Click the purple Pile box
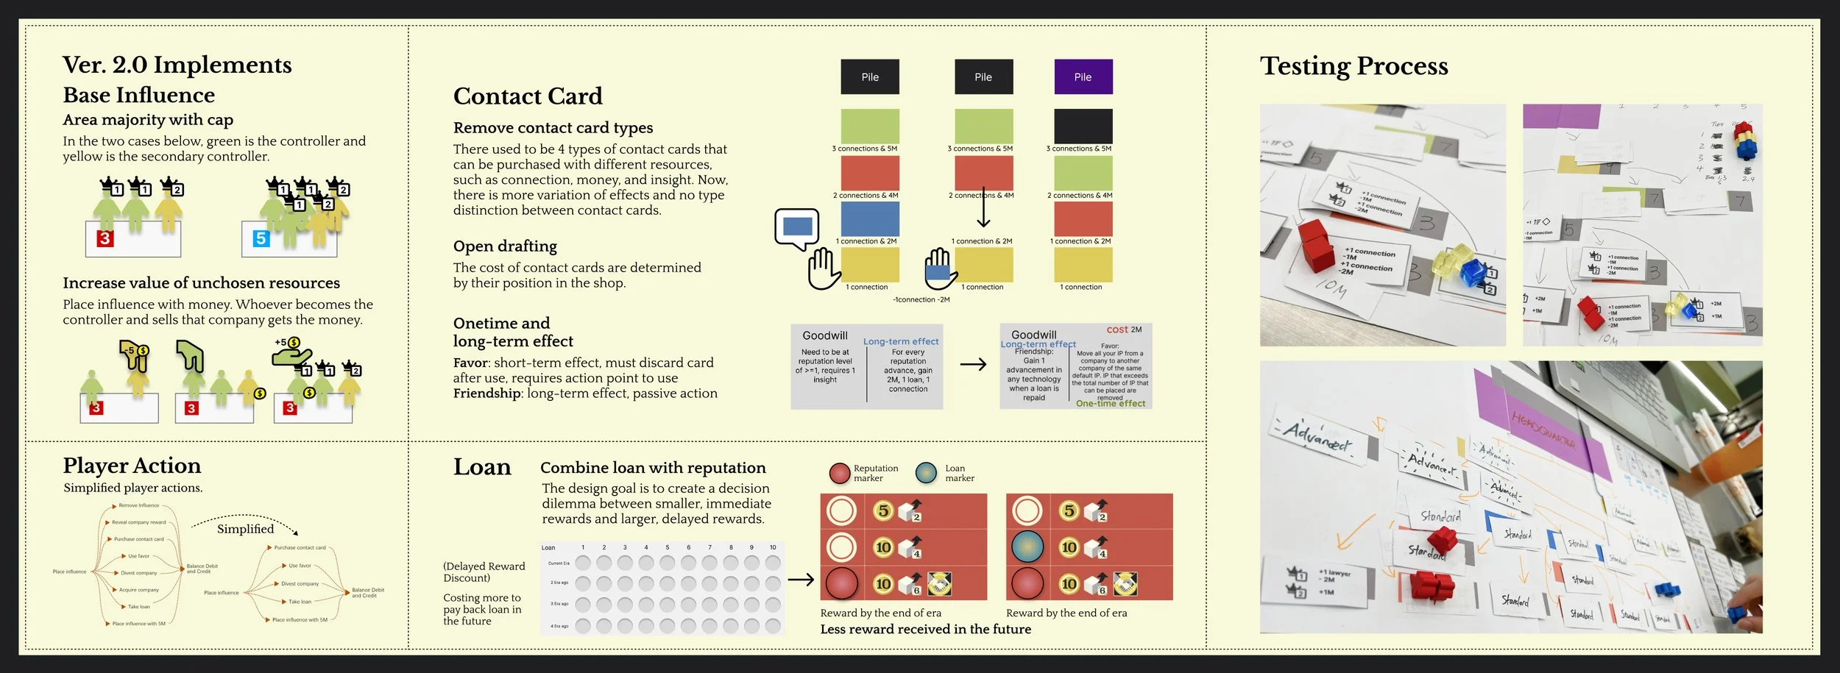pyautogui.click(x=1083, y=76)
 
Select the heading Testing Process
pyautogui.click(x=1354, y=66)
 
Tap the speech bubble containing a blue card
pyautogui.click(x=796, y=227)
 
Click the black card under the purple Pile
pyautogui.click(x=1083, y=126)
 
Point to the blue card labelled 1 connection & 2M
pyautogui.click(x=870, y=219)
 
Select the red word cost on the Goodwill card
pyautogui.click(x=1117, y=330)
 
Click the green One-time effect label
pyautogui.click(x=1111, y=403)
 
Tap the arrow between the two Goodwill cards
pyautogui.click(x=973, y=364)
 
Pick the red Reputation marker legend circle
pyautogui.click(x=840, y=473)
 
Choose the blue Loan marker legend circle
pyautogui.click(x=926, y=473)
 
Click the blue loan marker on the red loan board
pyautogui.click(x=1027, y=546)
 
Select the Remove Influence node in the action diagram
pyautogui.click(x=138, y=505)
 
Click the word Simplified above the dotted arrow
pyautogui.click(x=245, y=529)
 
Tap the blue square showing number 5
pyautogui.click(x=261, y=238)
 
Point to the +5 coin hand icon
pyautogui.click(x=291, y=352)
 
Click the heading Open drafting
pyautogui.click(x=505, y=246)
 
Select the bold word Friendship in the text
pyautogui.click(x=487, y=394)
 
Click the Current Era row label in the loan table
pyautogui.click(x=559, y=563)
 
